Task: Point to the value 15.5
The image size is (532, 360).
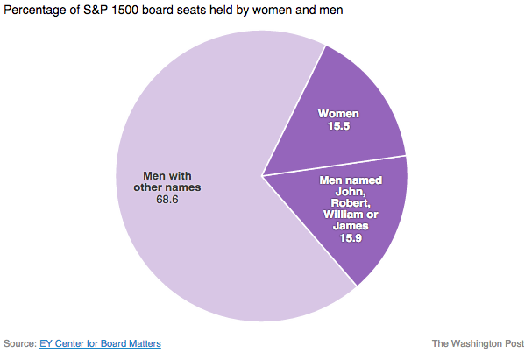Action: [338, 128]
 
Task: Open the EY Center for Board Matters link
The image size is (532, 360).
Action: [100, 343]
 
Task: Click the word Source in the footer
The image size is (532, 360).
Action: [19, 343]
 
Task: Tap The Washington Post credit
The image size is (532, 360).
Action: [477, 343]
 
